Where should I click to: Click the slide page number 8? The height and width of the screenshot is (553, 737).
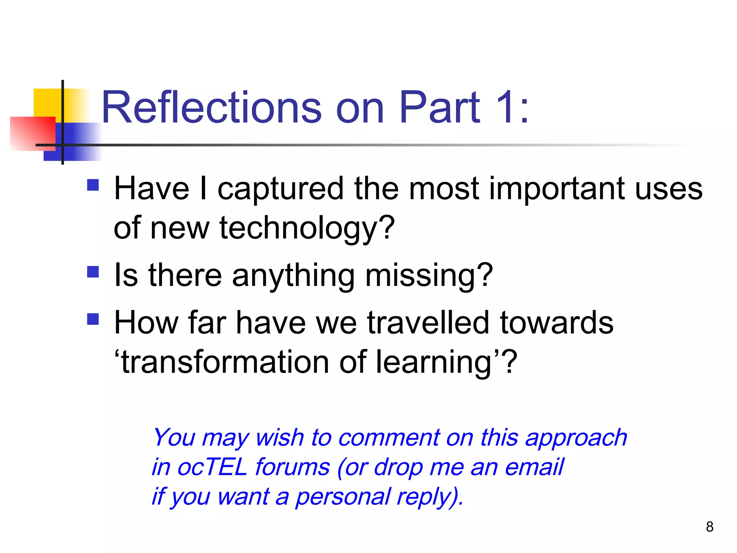tap(709, 527)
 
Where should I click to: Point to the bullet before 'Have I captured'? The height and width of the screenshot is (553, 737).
tap(93, 185)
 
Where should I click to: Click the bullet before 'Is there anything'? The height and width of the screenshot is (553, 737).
tap(93, 272)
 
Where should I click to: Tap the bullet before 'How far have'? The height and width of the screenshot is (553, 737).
tap(93, 319)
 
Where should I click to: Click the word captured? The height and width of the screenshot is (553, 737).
tap(281, 189)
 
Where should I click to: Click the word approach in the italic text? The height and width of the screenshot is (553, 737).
tap(576, 439)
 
